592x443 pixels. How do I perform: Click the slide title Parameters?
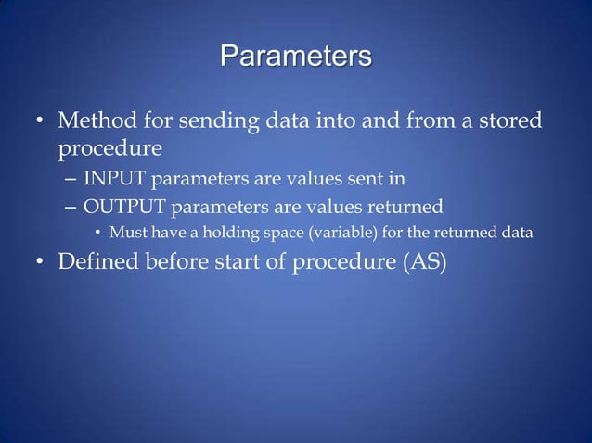[x=296, y=55]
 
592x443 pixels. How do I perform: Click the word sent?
[x=367, y=179]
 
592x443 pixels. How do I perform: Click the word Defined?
[x=97, y=263]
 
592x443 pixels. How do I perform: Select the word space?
[x=271, y=233]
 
